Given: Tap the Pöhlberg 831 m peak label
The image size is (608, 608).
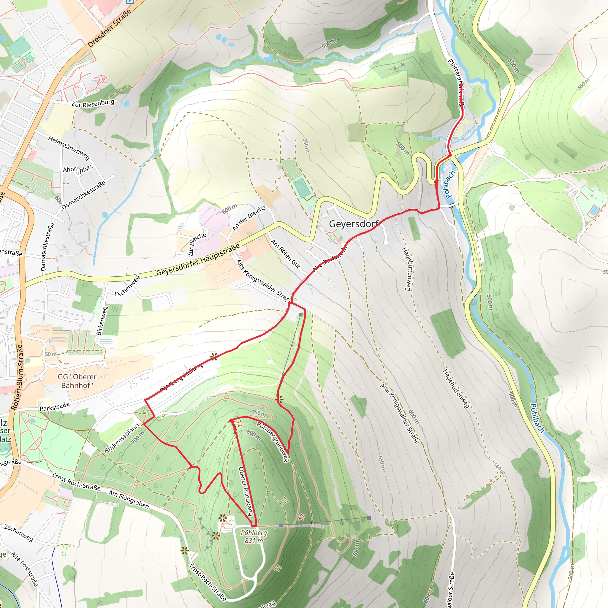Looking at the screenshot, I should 254,536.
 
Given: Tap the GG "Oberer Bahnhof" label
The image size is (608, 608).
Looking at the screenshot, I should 77,381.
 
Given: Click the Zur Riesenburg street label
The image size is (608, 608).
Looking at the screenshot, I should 93,103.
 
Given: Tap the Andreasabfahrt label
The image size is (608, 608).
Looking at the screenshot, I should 122,438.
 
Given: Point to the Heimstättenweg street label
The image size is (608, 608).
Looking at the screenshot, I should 69,148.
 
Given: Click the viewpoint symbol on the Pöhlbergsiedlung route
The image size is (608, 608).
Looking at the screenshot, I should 214,357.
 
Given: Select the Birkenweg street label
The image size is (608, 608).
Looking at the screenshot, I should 102,321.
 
